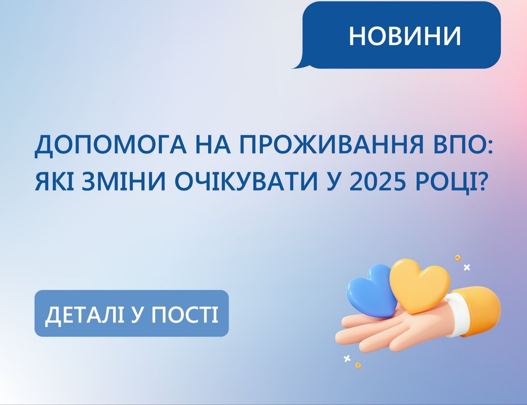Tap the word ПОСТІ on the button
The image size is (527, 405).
coord(185,314)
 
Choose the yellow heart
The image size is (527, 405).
coord(420,286)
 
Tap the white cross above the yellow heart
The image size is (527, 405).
coord(467,268)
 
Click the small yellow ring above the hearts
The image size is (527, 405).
coord(458,258)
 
